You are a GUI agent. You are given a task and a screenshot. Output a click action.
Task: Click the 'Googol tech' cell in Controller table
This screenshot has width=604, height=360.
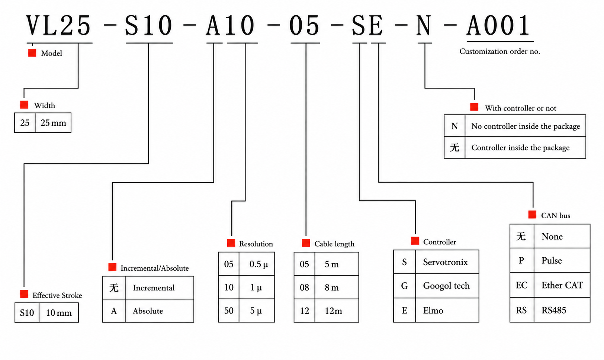click(x=446, y=286)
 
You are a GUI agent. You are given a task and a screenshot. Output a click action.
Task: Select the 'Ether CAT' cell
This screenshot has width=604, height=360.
click(x=562, y=285)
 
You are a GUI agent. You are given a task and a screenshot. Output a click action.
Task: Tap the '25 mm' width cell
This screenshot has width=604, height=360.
click(x=53, y=123)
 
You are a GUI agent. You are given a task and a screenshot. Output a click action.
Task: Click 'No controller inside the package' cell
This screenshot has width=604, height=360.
click(x=526, y=126)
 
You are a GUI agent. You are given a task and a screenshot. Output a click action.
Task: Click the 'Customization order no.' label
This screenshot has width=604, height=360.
click(x=499, y=51)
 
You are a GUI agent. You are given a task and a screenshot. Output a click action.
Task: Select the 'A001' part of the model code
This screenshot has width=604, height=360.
click(x=498, y=26)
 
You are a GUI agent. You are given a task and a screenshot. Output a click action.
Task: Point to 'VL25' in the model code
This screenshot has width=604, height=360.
click(x=58, y=26)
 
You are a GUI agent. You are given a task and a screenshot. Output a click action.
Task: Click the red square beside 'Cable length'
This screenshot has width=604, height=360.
click(x=306, y=243)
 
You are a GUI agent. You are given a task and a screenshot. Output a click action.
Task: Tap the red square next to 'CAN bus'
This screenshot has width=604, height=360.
click(x=532, y=215)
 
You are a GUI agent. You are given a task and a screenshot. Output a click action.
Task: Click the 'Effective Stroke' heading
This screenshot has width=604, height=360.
click(x=57, y=295)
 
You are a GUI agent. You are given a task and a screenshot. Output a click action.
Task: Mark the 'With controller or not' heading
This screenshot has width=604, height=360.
click(x=520, y=108)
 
